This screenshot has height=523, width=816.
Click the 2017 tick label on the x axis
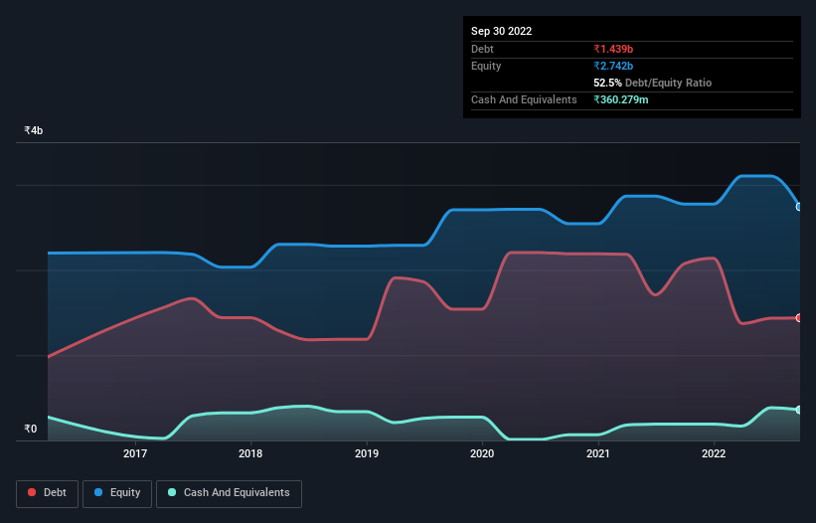click(135, 454)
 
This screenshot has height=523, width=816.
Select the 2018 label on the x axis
click(251, 454)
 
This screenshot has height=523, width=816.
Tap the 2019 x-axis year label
click(367, 454)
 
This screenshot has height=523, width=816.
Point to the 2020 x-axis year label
click(482, 454)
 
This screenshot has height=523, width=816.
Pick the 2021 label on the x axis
click(597, 454)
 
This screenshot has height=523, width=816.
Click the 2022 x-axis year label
click(713, 454)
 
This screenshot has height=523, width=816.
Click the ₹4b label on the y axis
click(34, 131)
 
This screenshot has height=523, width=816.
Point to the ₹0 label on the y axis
click(31, 430)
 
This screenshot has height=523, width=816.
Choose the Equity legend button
click(117, 492)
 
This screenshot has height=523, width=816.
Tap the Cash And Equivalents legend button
click(229, 492)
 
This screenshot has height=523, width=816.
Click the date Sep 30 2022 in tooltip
click(501, 31)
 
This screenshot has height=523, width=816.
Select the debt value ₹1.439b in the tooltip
click(615, 49)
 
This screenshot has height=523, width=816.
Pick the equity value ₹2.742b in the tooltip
click(615, 66)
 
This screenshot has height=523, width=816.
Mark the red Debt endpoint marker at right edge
click(798, 318)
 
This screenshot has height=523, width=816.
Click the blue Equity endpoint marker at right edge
click(798, 207)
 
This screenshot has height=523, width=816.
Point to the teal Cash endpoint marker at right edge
click(798, 410)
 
